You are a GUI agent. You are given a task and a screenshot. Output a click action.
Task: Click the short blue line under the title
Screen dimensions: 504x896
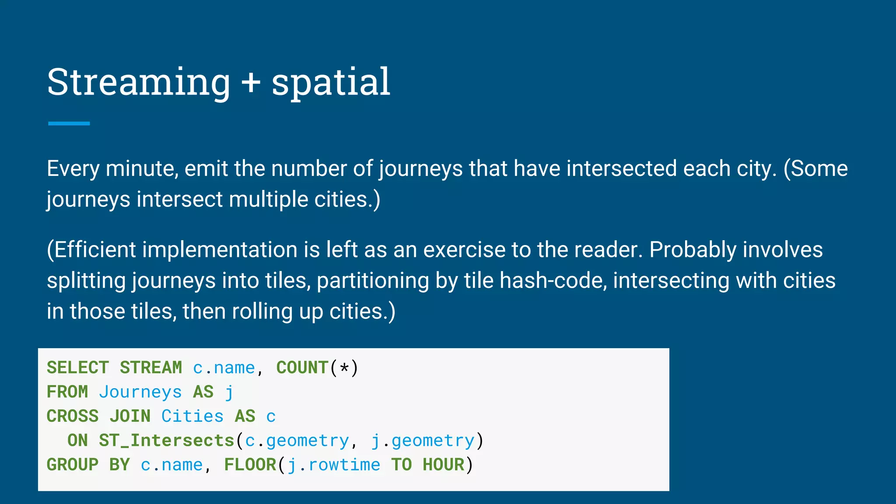coord(69,124)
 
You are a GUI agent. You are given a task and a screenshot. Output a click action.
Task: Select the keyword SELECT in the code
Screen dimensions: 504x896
coord(77,367)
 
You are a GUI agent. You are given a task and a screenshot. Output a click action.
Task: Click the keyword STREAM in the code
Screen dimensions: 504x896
coord(150,367)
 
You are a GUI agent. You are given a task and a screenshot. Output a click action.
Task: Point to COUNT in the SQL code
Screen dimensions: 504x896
coord(302,367)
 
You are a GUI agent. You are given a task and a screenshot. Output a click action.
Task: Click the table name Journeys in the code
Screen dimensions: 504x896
coord(140,392)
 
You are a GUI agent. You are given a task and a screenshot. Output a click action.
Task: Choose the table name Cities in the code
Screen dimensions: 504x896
coord(192,416)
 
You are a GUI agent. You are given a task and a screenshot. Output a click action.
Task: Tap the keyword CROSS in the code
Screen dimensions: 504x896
coord(73,416)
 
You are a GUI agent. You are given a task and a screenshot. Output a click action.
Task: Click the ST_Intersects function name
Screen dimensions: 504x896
coord(167,441)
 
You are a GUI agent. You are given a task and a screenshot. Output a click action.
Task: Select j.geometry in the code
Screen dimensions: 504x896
coord(423,441)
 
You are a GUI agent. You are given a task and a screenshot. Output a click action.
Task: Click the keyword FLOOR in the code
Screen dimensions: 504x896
coord(250,465)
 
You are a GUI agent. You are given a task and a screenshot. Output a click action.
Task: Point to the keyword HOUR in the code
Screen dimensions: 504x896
coord(443,465)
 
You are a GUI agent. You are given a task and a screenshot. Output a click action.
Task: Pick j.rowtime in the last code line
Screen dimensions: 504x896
coord(334,465)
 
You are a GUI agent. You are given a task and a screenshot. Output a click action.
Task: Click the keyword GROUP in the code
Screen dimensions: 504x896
coord(73,465)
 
